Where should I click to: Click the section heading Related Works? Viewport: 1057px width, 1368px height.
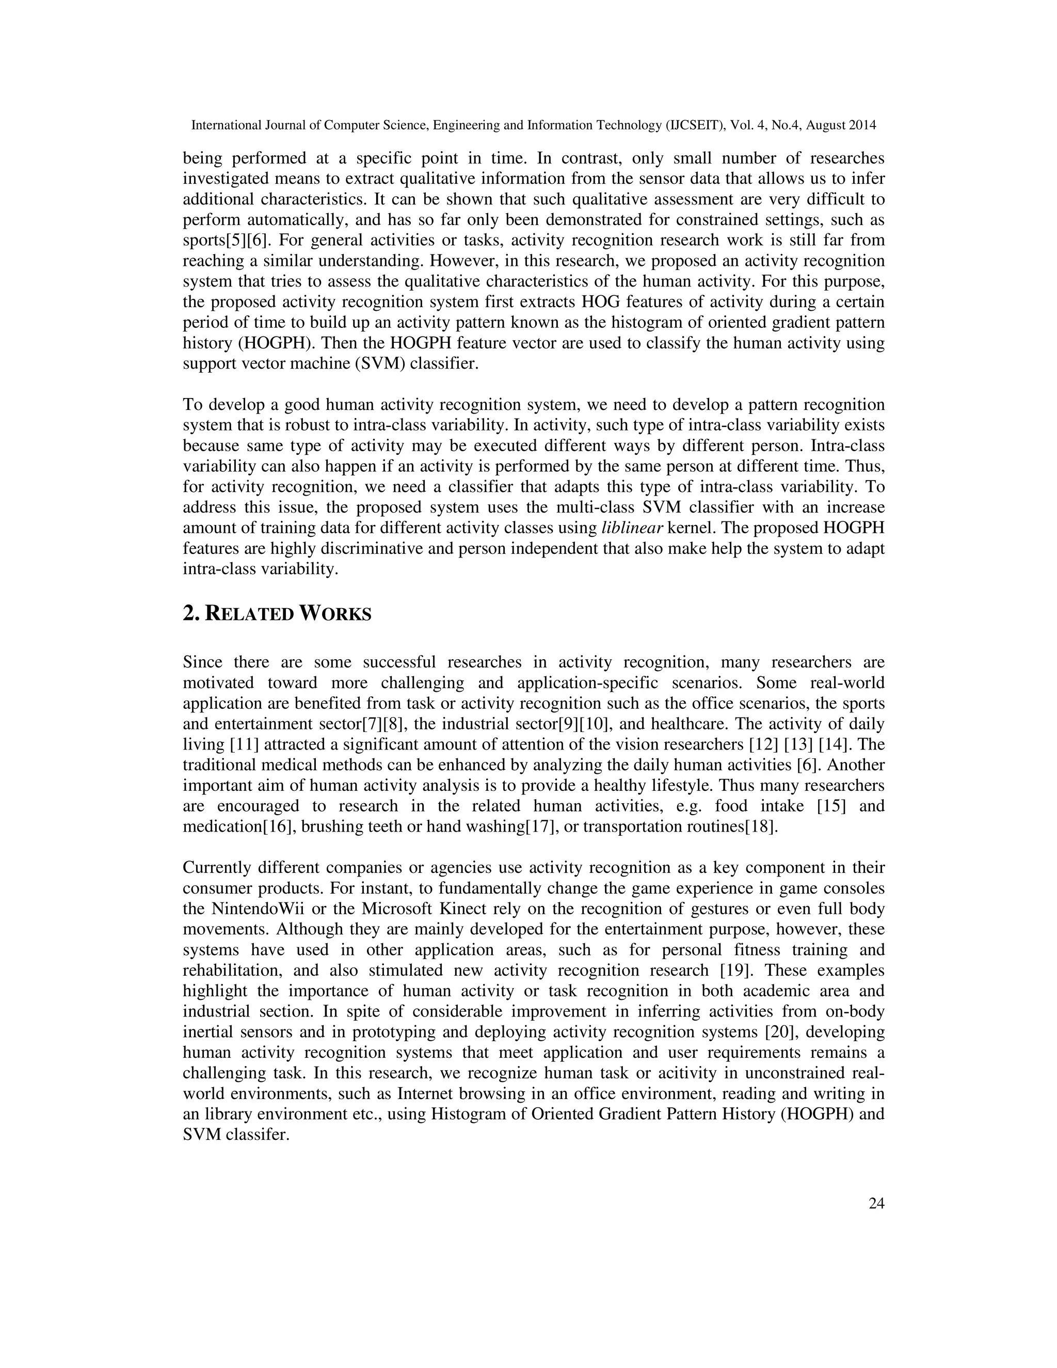pyautogui.click(x=277, y=614)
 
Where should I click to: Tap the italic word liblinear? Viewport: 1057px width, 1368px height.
pyautogui.click(x=632, y=528)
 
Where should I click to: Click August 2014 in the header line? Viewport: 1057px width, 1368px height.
pyautogui.click(x=841, y=125)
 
